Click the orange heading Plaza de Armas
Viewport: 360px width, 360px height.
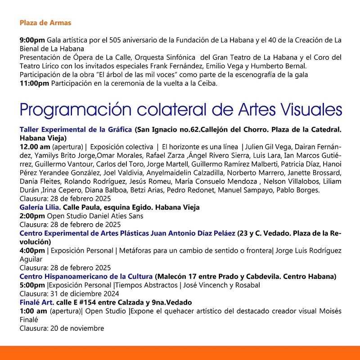coord(45,22)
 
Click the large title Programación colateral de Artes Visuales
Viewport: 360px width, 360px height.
coord(180,110)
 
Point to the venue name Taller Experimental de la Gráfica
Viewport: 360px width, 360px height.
coord(76,130)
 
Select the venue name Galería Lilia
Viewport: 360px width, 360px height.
coord(40,207)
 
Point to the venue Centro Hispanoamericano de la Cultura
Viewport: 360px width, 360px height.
coord(86,276)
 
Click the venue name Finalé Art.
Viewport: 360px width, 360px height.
coord(37,302)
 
